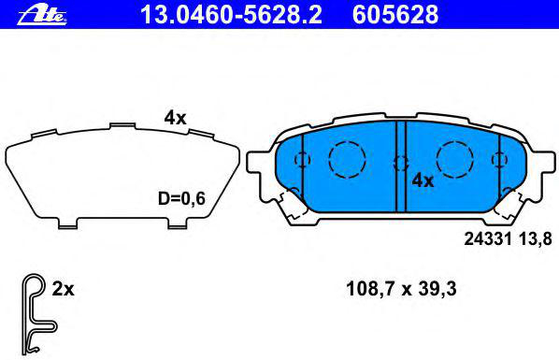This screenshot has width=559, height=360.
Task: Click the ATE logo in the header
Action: (42, 15)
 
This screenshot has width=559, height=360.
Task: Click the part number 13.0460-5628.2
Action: (231, 15)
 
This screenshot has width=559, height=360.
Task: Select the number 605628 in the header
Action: (395, 15)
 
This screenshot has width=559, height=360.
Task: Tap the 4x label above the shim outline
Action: (175, 118)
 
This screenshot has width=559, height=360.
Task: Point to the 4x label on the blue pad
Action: (423, 180)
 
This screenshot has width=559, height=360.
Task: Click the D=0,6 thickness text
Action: (181, 198)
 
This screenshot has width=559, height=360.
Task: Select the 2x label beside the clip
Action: (64, 289)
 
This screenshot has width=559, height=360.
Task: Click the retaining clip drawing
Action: (35, 314)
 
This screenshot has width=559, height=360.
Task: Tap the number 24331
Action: (488, 238)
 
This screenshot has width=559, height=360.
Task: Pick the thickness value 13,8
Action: (535, 238)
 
